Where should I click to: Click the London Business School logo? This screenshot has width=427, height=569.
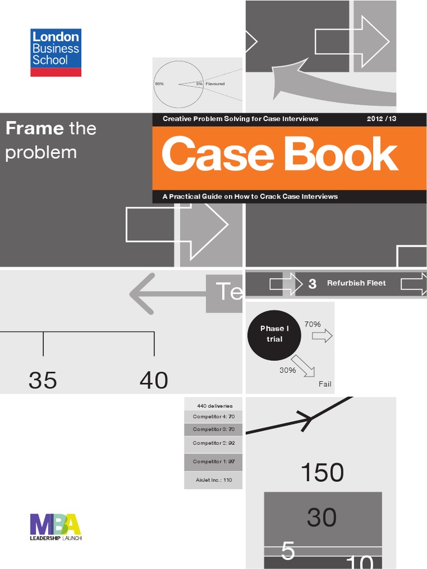(x=56, y=52)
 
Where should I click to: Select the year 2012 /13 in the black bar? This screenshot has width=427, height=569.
(x=381, y=119)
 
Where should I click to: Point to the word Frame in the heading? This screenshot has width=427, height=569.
(x=34, y=129)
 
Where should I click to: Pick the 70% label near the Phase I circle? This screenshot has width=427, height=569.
(x=312, y=323)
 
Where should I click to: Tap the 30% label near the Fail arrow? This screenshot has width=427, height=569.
(x=287, y=370)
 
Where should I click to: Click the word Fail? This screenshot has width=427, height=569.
(x=325, y=384)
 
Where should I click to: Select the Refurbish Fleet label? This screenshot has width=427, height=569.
(x=356, y=283)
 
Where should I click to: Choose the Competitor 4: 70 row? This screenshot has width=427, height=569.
(x=213, y=417)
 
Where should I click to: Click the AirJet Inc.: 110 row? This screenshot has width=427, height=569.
(x=213, y=480)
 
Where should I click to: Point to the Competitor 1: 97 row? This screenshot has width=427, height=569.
(x=213, y=462)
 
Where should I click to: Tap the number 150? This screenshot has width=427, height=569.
(x=322, y=473)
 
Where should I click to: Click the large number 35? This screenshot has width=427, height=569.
(x=43, y=381)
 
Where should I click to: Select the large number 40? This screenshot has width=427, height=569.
(x=153, y=381)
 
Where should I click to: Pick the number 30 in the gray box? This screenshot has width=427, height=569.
(x=321, y=517)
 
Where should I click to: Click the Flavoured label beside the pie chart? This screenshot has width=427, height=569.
(x=215, y=84)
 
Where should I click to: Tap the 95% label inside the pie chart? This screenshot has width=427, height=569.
(x=160, y=84)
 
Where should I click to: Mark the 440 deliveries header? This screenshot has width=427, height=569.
(x=213, y=406)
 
